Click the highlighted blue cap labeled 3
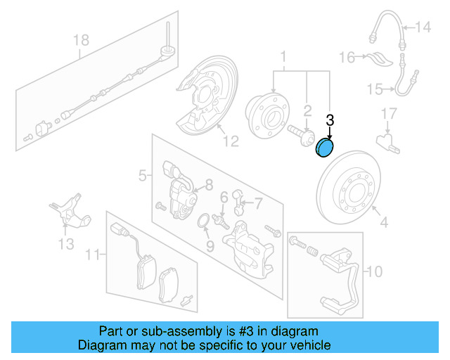click(326, 148)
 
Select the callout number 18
click(82, 40)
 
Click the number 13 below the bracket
click(65, 244)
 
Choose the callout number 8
click(208, 186)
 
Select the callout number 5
click(142, 175)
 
